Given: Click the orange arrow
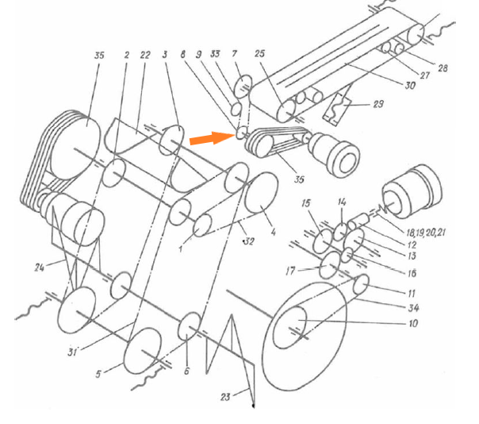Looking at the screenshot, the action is pos(212,138).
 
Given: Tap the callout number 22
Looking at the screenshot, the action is pos(145,55).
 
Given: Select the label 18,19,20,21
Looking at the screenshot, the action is pos(426,233).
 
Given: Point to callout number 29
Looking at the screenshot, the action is pos(378,104).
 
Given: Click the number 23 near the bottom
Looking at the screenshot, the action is pos(225,397).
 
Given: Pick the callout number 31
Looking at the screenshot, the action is pos(72,353).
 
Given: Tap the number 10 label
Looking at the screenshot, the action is pos(413,323).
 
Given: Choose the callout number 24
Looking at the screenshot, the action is pos(40,268).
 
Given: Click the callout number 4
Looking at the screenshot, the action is pos(273,232).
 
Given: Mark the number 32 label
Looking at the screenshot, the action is pos(249,241).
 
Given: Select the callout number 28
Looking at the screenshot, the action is pos(443,68).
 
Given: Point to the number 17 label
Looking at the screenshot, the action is pos(290,271).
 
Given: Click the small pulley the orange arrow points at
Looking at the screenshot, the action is pos(241,133).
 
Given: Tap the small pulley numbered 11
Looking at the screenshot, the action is pos(361,283).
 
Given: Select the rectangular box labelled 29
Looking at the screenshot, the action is pos(337,110).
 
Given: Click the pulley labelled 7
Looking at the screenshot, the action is pos(243,87).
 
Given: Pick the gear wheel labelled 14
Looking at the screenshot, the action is pos(340,232).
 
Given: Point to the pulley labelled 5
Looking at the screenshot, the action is pos(143,351).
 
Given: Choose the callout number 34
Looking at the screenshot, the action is pos(413,307).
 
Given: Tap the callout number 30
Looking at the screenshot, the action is pos(410,85).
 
